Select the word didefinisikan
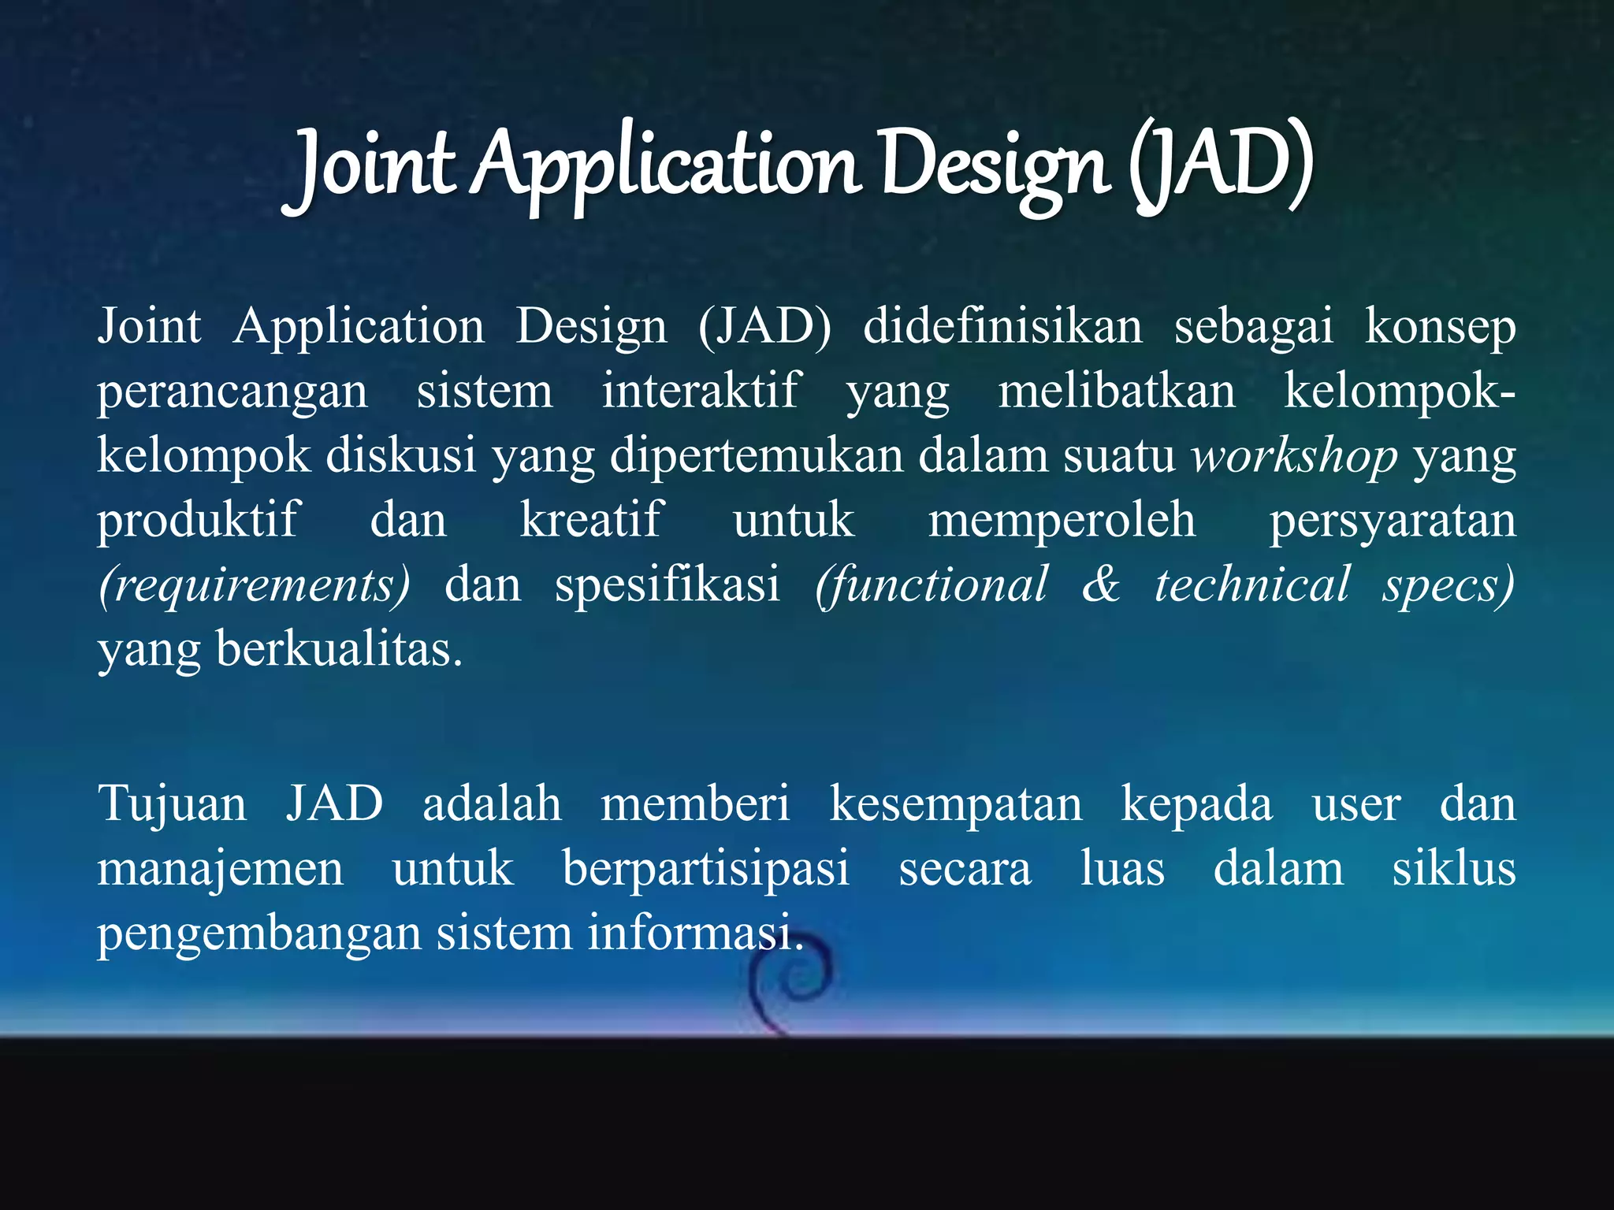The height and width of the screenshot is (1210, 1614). [x=1002, y=326]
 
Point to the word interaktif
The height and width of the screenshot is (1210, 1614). [x=701, y=391]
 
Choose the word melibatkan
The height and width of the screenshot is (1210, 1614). [x=1117, y=391]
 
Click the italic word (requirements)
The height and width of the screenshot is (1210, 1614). [x=255, y=585]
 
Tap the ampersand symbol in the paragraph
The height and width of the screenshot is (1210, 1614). [x=1100, y=584]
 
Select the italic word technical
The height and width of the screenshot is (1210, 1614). [x=1251, y=584]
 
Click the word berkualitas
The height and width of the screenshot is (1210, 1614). [x=339, y=650]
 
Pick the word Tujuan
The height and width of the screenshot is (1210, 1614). [x=172, y=804]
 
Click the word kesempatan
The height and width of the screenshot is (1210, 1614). [x=955, y=804]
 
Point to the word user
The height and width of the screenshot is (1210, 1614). [x=1356, y=804]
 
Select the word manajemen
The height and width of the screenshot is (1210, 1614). [x=220, y=869]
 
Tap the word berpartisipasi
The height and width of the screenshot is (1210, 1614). [x=705, y=870]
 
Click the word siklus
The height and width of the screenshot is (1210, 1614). [x=1453, y=869]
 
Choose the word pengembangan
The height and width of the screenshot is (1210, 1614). [x=259, y=935]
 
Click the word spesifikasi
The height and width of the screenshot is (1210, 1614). [x=667, y=585]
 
